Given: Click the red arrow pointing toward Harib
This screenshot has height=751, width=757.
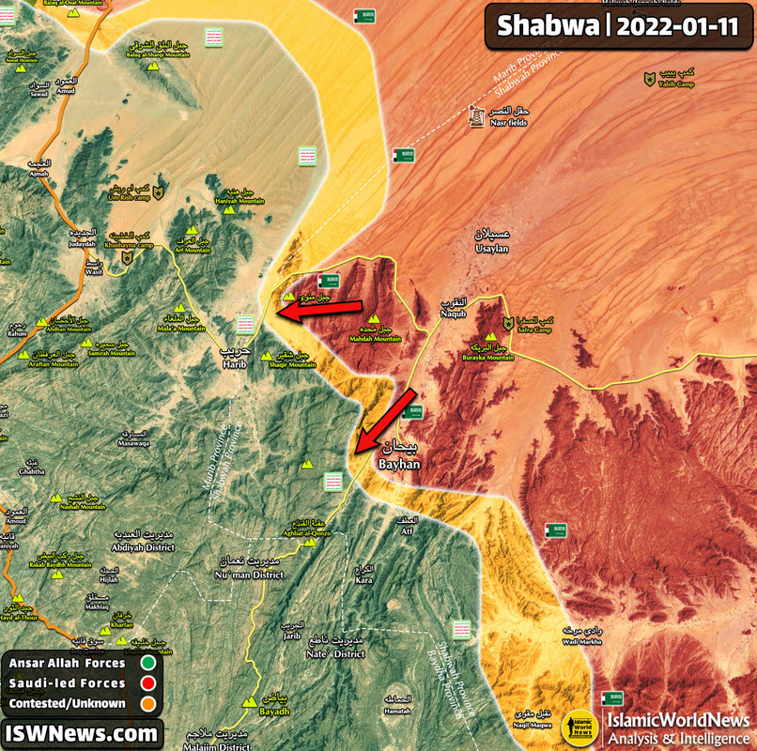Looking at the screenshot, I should tap(319, 310).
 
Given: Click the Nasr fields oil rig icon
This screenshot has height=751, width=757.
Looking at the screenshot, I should tap(475, 117).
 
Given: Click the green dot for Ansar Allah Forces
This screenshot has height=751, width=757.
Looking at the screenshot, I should tap(148, 663).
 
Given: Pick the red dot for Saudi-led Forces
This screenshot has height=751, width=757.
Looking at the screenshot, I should tap(148, 682).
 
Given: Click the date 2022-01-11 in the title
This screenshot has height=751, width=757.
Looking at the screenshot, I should tap(677, 25).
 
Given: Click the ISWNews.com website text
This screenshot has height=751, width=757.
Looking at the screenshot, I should tap(81, 732).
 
